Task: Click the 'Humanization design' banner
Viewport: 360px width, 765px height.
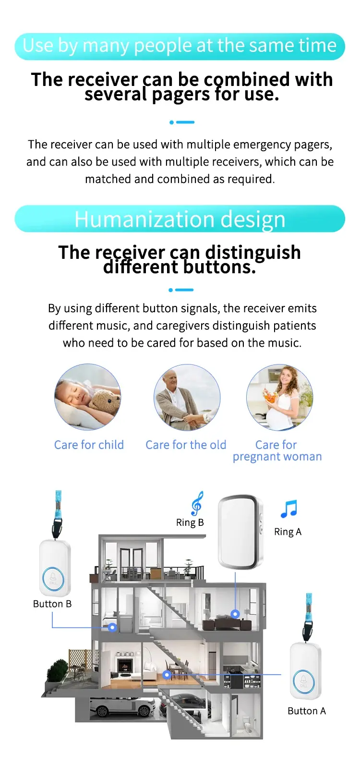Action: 180,219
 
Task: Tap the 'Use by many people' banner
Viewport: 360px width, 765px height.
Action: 180,47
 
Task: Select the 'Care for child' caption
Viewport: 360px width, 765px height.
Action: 89,445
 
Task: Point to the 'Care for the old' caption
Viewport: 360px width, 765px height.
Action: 186,445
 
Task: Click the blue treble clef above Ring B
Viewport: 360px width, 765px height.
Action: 197,503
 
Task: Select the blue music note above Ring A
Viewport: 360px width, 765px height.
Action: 289,509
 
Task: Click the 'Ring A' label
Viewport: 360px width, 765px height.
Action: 288,532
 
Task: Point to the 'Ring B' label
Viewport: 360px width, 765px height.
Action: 190,522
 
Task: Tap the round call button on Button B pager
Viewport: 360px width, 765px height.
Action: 53,579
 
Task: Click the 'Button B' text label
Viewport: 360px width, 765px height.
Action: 52,604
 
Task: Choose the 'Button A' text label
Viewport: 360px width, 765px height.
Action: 307,711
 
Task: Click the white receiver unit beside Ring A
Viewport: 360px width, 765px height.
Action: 240,532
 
